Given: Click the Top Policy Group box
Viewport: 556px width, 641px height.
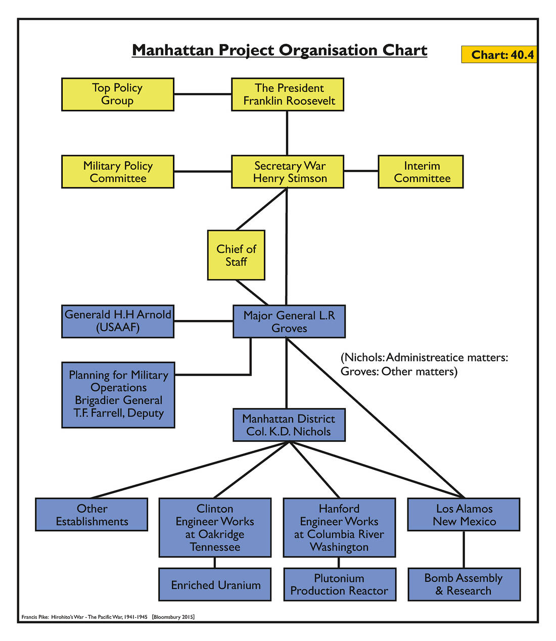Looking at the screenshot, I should click(117, 95).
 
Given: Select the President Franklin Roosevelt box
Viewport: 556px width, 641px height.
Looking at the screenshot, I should click(288, 95).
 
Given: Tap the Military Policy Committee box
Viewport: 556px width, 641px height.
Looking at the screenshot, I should click(117, 172).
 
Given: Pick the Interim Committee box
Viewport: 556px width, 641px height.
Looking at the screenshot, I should click(421, 172).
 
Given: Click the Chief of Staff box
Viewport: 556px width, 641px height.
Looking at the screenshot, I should click(236, 255).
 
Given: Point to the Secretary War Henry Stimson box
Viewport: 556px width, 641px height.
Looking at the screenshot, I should click(288, 172).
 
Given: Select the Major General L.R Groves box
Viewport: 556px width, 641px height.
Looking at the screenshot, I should click(289, 322).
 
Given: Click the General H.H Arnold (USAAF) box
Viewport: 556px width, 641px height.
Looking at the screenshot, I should click(117, 322).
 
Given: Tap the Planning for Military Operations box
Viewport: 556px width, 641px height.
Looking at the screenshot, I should click(118, 395).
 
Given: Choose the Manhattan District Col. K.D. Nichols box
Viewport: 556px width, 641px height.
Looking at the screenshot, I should click(289, 425).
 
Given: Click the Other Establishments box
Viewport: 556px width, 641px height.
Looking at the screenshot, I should click(91, 515).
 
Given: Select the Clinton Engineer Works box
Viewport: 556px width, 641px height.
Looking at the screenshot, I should click(215, 528).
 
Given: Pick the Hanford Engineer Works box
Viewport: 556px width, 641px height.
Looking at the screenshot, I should click(339, 528).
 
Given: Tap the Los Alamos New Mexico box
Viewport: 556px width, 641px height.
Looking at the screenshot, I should click(464, 515).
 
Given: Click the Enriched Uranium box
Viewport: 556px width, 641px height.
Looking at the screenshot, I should click(215, 584).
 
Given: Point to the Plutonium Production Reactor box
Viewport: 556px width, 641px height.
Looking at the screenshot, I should click(339, 584).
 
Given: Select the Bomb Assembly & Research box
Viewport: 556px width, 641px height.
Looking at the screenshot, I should click(464, 584).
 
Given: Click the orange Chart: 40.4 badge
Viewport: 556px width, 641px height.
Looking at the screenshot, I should click(499, 55).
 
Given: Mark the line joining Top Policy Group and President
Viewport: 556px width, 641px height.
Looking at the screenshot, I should click(202, 94).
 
